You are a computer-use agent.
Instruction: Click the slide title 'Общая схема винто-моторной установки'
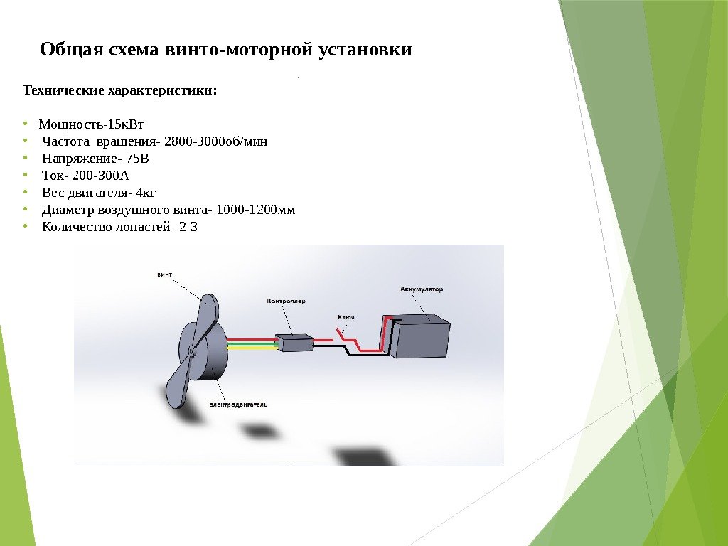coord(226,50)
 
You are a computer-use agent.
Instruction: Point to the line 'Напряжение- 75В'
coord(96,158)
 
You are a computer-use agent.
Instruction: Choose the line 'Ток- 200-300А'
coord(86,175)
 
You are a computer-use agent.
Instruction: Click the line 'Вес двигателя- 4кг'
coord(99,193)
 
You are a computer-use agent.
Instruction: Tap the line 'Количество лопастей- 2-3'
coord(119,227)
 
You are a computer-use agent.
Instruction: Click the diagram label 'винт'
coord(164,273)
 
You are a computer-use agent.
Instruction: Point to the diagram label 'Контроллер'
coord(286,301)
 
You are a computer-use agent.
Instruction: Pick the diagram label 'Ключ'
coord(346,316)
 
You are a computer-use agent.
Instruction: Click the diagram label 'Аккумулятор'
coord(422,289)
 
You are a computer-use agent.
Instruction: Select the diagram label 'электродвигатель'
coord(238,404)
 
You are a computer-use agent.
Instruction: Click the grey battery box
coord(421,338)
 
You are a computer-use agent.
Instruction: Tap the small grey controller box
coord(294,343)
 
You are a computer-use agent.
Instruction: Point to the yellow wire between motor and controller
coord(250,349)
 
